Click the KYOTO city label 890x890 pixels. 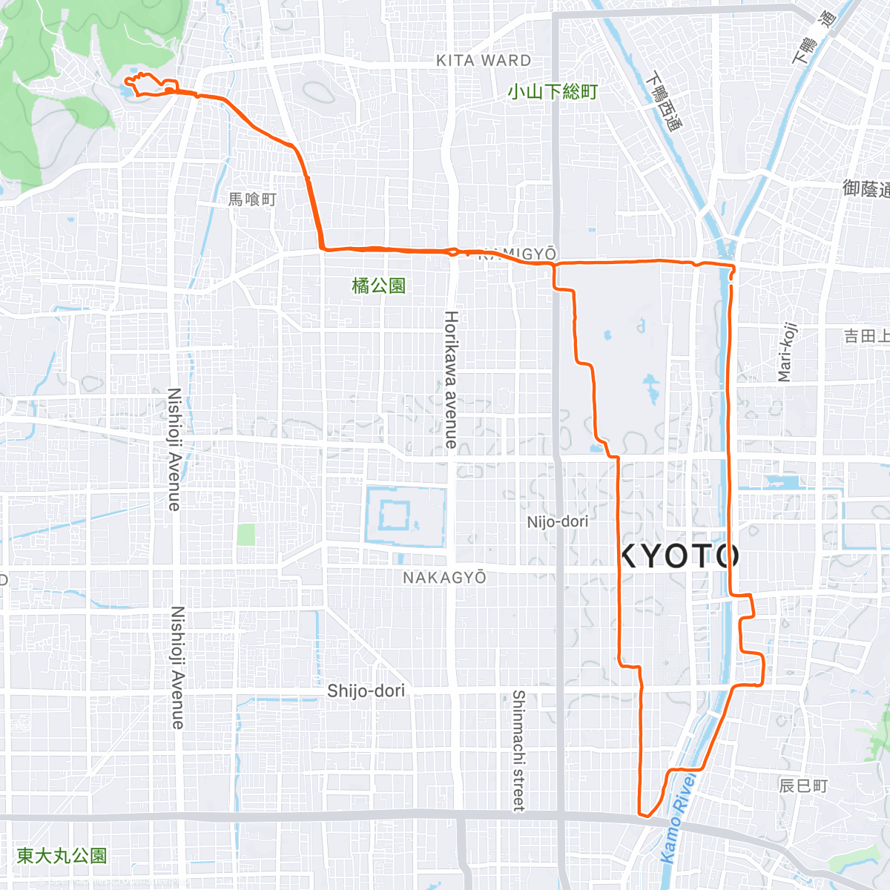679,556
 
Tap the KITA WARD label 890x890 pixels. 484,61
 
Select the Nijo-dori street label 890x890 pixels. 558,522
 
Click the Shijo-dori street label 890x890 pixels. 366,690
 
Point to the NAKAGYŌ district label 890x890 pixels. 444,577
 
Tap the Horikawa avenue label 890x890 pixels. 451,379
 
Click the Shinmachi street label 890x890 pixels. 518,751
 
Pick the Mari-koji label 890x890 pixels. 787,352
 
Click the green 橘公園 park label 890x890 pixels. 378,286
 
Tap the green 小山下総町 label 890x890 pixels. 553,92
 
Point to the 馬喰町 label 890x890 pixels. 252,199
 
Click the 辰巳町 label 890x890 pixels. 803,785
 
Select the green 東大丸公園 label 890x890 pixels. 62,856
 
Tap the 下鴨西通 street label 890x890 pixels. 663,102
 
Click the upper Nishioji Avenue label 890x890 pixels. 174,449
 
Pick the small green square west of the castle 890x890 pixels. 246,534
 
